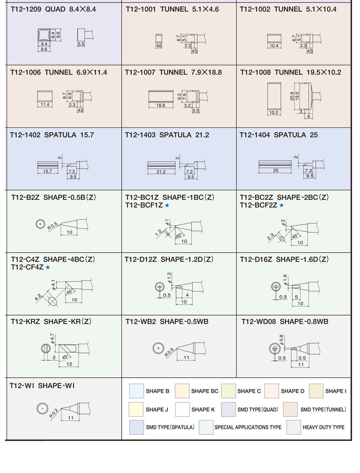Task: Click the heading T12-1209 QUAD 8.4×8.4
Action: pyautogui.click(x=53, y=9)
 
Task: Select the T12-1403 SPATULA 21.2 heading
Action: pyautogui.click(x=167, y=135)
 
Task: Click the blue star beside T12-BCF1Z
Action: pyautogui.click(x=167, y=206)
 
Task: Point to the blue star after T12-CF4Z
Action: pyautogui.click(x=47, y=267)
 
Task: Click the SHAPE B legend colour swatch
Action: pyautogui.click(x=136, y=391)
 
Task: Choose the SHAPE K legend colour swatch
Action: pyautogui.click(x=182, y=409)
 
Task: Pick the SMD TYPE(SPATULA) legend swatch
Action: pyautogui.click(x=136, y=427)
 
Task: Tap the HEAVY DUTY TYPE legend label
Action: pyautogui.click(x=324, y=427)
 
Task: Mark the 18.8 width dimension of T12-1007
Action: pyautogui.click(x=161, y=105)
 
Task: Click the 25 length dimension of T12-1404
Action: pyautogui.click(x=275, y=171)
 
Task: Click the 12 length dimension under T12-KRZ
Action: pyautogui.click(x=69, y=364)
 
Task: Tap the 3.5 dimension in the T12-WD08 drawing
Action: pyautogui.click(x=302, y=358)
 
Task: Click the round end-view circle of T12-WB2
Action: pyautogui.click(x=158, y=348)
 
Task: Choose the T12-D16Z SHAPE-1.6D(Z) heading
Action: pyautogui.click(x=284, y=259)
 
